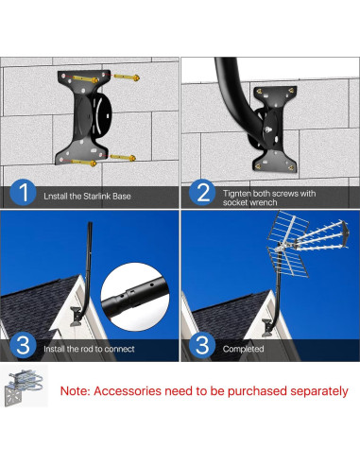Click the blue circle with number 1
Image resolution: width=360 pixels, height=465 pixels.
click(23, 192)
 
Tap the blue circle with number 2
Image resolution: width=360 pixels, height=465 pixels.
click(202, 192)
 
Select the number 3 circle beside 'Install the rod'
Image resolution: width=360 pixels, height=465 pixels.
click(23, 345)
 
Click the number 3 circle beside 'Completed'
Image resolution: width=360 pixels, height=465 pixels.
click(202, 345)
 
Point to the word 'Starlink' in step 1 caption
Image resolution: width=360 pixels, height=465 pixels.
click(97, 197)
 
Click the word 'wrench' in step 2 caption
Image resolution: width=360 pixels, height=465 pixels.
click(264, 202)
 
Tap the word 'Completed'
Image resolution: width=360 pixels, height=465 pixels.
click(243, 349)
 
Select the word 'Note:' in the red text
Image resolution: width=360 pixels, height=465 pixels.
click(76, 391)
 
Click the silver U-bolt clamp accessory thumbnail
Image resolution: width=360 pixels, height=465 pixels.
click(24, 387)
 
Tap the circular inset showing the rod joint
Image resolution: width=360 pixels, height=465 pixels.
click(135, 297)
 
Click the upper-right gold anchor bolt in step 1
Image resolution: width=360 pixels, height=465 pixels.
click(127, 77)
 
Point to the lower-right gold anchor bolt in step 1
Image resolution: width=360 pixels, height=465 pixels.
click(123, 157)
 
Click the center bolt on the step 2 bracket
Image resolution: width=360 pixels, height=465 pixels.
click(268, 129)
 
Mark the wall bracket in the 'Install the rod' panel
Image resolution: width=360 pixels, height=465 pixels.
click(76, 317)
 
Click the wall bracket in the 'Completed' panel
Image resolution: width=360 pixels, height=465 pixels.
click(266, 328)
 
